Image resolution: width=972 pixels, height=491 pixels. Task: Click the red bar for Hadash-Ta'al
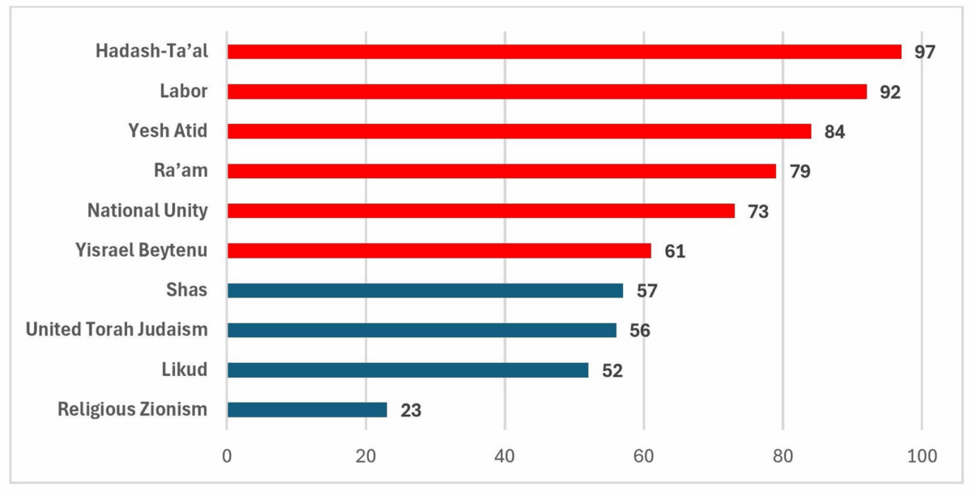tap(564, 52)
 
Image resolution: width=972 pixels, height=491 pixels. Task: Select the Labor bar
tap(547, 92)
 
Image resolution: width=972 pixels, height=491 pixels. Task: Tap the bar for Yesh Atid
tap(518, 131)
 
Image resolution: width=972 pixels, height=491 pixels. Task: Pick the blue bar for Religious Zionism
tap(307, 410)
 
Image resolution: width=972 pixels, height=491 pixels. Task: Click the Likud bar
tap(407, 370)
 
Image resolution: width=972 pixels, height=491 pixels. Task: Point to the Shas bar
tap(425, 291)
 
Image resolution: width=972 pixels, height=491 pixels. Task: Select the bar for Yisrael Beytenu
tap(439, 251)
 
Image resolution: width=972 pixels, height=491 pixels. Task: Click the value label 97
tap(925, 52)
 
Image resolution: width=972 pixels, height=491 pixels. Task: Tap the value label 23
tap(411, 410)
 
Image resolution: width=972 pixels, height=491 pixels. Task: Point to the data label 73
tap(758, 211)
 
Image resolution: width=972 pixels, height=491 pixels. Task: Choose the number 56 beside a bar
tap(640, 331)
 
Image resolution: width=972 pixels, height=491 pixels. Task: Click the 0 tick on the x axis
tap(227, 456)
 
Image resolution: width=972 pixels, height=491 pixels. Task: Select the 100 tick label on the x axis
tap(922, 456)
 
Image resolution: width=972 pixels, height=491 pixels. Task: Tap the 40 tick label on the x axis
tap(505, 456)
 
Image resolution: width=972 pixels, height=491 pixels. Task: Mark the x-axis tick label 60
tap(644, 456)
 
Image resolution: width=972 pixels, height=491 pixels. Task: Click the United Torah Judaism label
tap(117, 330)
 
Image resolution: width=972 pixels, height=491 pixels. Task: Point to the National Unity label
tap(147, 211)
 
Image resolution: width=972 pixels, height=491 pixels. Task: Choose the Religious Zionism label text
tap(133, 409)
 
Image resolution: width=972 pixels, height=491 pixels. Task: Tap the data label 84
tap(834, 131)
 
